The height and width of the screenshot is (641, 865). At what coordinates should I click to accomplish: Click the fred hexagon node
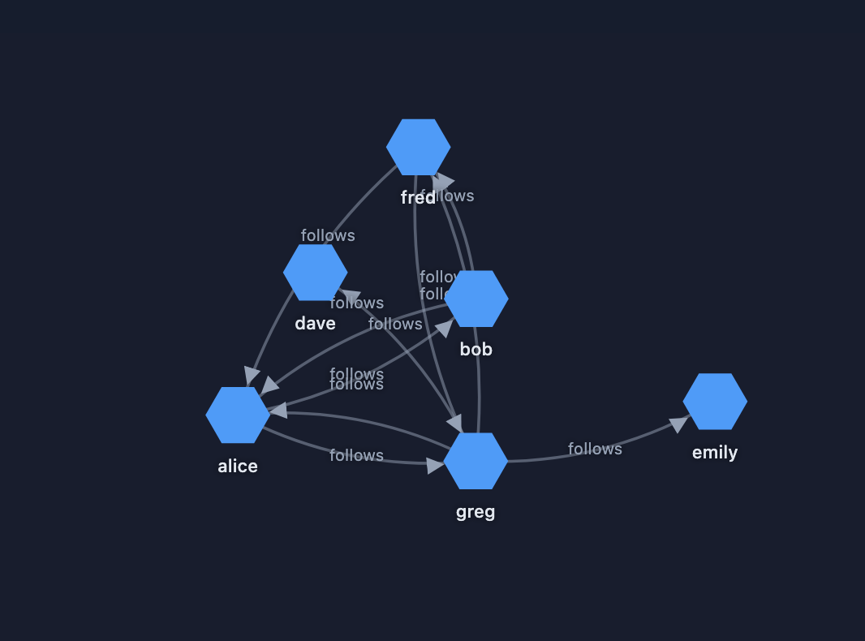tap(418, 147)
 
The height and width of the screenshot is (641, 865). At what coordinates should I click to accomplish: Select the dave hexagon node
tap(316, 273)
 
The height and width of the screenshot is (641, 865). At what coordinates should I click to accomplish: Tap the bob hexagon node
tap(476, 299)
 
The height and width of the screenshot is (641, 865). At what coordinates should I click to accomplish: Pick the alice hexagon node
tap(238, 415)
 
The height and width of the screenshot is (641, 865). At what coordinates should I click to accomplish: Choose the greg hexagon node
tap(476, 461)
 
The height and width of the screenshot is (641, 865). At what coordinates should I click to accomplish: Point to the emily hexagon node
tap(715, 402)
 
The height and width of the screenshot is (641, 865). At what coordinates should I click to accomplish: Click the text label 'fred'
tap(418, 198)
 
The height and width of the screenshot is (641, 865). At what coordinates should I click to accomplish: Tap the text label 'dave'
tap(316, 324)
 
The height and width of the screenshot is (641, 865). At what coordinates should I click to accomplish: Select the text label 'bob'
tap(476, 350)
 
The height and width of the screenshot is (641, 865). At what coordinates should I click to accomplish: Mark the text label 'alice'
tap(238, 467)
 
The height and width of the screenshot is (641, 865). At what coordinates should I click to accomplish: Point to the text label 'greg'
tap(476, 512)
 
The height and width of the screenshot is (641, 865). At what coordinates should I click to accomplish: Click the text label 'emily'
tap(715, 453)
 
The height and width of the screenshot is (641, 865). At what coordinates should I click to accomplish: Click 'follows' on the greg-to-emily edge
tap(595, 449)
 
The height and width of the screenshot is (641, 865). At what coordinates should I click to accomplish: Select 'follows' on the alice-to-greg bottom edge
tap(356, 455)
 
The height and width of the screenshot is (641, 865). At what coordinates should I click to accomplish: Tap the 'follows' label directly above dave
tap(328, 235)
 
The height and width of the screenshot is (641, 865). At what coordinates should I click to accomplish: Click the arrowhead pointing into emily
tap(679, 424)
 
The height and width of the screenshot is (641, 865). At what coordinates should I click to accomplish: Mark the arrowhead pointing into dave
tap(350, 297)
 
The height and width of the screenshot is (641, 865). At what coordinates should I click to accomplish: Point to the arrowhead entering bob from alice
tap(445, 327)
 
